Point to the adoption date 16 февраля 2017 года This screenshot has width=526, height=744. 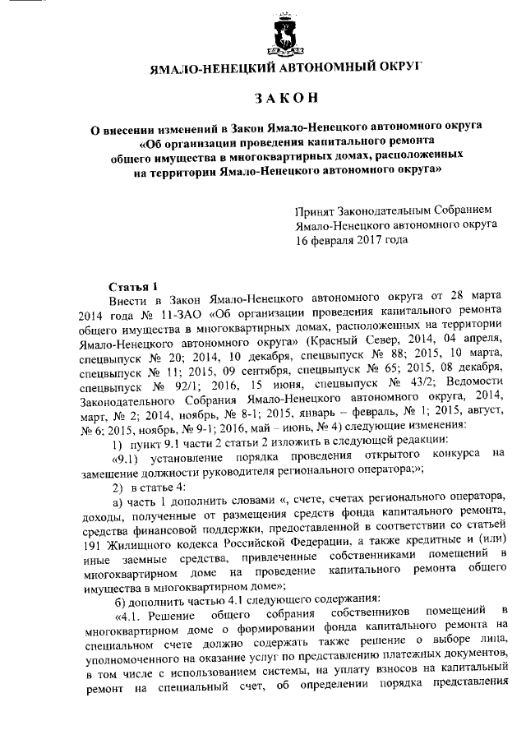pos(352,241)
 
